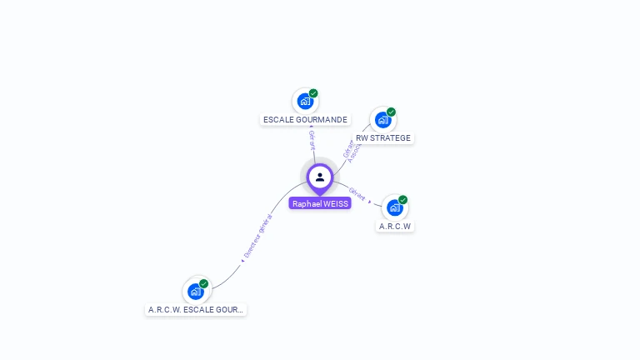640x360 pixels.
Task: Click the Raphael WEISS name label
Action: point(320,203)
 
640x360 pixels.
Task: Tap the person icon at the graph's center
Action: point(320,177)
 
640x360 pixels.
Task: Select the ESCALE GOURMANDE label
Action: point(305,120)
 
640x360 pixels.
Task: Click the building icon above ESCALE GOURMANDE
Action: point(305,101)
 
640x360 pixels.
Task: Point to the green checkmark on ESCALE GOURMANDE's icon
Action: point(313,93)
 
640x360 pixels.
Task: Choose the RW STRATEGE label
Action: point(383,138)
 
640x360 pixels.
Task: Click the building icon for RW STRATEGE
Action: point(382,119)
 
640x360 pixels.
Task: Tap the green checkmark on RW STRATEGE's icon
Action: point(391,112)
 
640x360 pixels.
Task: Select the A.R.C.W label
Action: point(395,226)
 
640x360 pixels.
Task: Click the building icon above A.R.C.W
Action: point(394,207)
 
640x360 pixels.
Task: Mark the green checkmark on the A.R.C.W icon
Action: point(402,200)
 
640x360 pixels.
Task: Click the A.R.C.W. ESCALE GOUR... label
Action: point(197,309)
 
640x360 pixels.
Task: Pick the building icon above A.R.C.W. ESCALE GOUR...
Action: point(196,291)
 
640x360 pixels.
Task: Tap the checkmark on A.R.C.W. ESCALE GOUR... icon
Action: point(203,283)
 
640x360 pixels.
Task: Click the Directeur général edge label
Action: point(258,236)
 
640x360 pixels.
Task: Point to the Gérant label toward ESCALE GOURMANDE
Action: point(312,140)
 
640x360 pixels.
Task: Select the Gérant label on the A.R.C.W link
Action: point(357,193)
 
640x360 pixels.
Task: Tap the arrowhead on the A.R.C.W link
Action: point(370,202)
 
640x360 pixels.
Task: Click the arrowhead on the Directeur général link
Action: point(242,260)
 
